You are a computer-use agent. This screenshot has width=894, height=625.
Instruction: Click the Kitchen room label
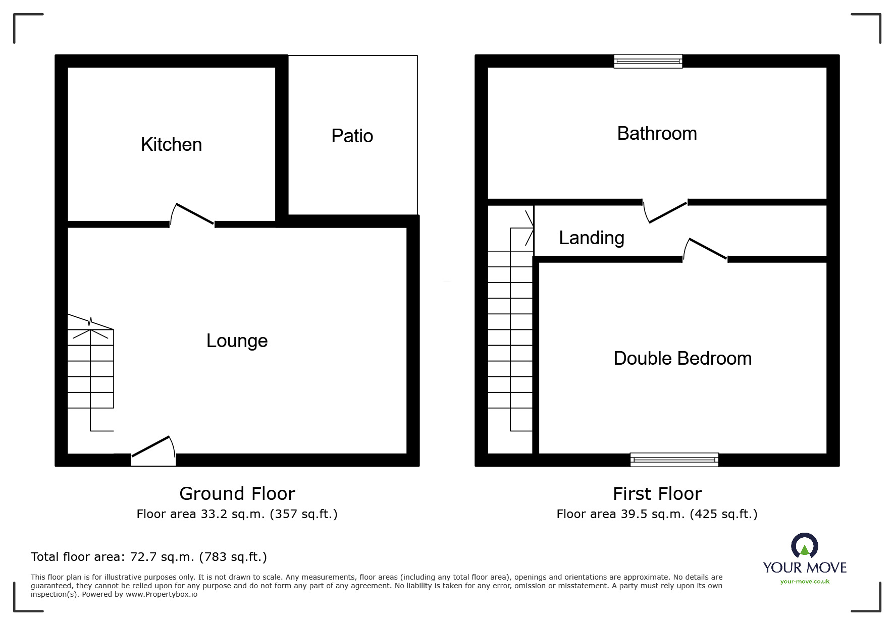(171, 145)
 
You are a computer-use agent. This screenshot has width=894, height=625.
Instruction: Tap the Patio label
(352, 136)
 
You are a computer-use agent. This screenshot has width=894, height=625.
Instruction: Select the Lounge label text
(237, 341)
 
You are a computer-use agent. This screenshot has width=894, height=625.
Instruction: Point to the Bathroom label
(657, 134)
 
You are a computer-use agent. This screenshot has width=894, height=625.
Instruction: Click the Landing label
(591, 238)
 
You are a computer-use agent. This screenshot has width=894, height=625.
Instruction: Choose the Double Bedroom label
(682, 359)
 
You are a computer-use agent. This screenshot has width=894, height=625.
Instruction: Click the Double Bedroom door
(706, 249)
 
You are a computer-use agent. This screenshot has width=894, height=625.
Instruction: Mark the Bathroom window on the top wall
(648, 61)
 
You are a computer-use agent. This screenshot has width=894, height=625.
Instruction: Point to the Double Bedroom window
(674, 460)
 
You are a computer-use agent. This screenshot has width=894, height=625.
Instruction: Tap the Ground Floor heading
(237, 493)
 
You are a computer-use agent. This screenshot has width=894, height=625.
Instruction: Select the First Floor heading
(657, 493)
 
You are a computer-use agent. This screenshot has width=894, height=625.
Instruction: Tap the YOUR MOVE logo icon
(804, 546)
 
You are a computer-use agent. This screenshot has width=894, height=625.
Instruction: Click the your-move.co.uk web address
(805, 582)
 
